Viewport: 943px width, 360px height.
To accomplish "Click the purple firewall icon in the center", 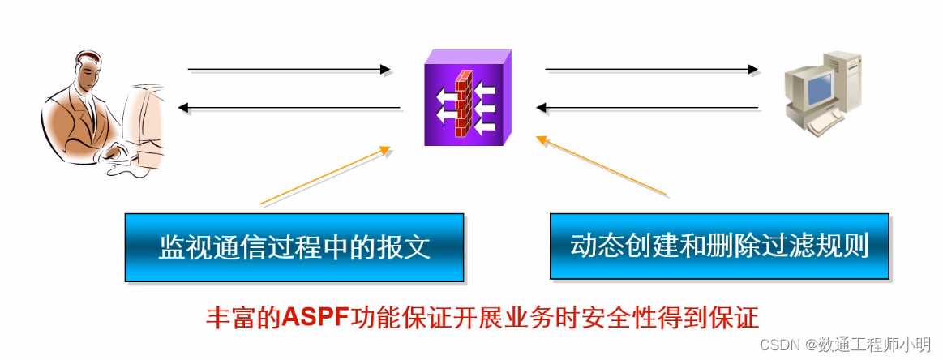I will (x=468, y=98).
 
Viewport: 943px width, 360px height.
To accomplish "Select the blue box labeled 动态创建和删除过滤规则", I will (x=719, y=246).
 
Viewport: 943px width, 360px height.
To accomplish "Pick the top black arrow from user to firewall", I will (x=288, y=70).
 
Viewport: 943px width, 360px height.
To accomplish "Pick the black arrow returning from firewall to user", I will (x=288, y=107).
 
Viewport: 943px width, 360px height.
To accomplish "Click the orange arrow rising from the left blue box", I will (x=324, y=175).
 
